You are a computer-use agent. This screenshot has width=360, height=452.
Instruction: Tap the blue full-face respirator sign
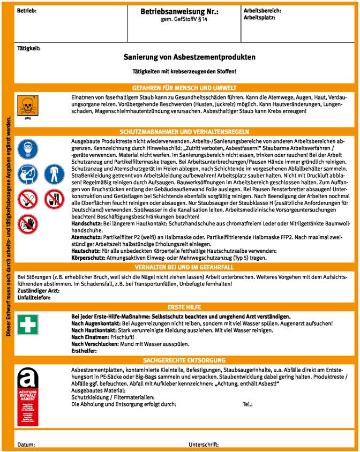[x=26, y=150]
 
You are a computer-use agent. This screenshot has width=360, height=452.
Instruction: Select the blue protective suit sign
[x=52, y=175]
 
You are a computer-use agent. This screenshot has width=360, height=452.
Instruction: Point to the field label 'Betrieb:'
[x=26, y=11]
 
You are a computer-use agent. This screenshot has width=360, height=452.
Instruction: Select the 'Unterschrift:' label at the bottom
[x=204, y=445]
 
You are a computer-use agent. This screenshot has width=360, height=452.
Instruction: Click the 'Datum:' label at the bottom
[x=26, y=445]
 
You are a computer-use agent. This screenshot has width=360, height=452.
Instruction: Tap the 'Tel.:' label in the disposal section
[x=247, y=404]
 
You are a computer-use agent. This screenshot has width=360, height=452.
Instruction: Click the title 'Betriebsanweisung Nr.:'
[x=179, y=11]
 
